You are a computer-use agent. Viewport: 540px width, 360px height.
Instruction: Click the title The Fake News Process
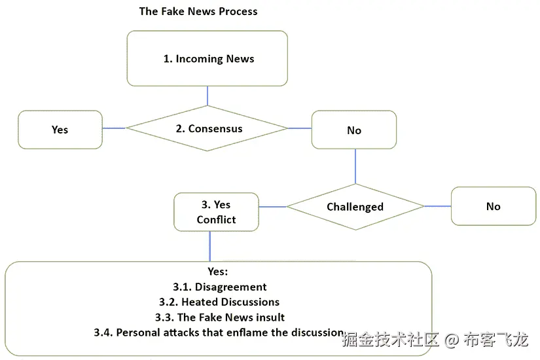pos(198,11)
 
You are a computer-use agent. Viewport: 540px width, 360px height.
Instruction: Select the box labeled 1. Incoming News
pos(207,58)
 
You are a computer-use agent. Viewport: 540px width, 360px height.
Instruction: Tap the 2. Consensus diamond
pos(207,128)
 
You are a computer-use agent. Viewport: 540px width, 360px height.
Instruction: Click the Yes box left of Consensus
pos(60,130)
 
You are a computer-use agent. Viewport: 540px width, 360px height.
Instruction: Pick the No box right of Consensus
pos(353,130)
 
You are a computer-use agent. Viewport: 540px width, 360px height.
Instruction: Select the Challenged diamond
pos(355,207)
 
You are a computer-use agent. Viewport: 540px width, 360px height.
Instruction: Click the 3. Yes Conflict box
pos(216,213)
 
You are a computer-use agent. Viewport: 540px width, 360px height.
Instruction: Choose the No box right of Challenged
pos(493,206)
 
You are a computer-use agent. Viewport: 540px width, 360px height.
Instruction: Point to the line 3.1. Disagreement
pos(219,287)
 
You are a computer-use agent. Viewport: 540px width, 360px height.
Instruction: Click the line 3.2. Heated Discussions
pos(219,302)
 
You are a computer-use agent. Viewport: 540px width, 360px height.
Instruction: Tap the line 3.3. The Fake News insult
pos(219,317)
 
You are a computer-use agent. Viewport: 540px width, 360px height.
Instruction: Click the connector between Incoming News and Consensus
pos(207,96)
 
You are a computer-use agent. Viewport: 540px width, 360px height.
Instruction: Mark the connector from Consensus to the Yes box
pos(114,128)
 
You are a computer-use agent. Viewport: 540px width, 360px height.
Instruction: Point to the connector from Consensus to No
pos(299,128)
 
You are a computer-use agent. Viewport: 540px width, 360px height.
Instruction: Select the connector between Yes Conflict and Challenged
pos(272,207)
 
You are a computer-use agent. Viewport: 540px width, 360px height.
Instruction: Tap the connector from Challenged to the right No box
pos(437,206)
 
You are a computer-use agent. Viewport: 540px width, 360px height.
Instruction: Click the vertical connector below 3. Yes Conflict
pos(210,246)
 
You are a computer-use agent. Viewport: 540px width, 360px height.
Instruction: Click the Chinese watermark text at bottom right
pos(435,340)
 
